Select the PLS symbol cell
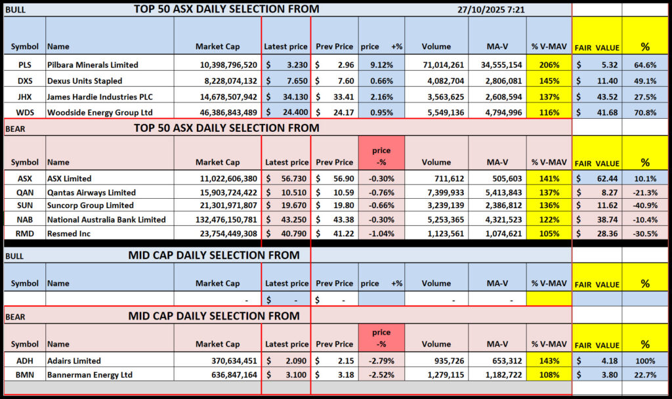pyautogui.click(x=25, y=65)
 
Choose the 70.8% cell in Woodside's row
pyautogui.click(x=645, y=112)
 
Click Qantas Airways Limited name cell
pyautogui.click(x=91, y=192)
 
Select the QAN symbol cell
pyautogui.click(x=25, y=192)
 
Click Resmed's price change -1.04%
pyautogui.click(x=381, y=234)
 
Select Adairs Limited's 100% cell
pyautogui.click(x=645, y=360)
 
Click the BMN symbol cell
pyautogui.click(x=25, y=375)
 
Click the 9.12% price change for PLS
pyautogui.click(x=381, y=65)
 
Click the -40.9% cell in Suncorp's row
pyautogui.click(x=645, y=206)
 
